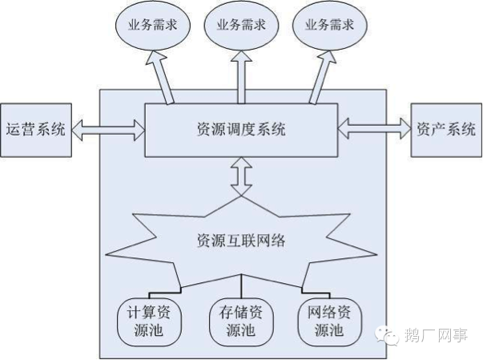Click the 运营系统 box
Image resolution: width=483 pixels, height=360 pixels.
35,128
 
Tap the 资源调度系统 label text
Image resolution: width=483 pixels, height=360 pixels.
241,129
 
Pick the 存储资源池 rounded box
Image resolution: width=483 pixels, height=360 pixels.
241,319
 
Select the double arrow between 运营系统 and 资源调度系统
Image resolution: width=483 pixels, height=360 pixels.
106,127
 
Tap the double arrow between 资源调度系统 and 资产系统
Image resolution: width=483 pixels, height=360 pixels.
374,126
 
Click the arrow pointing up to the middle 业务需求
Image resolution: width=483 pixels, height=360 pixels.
241,75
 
